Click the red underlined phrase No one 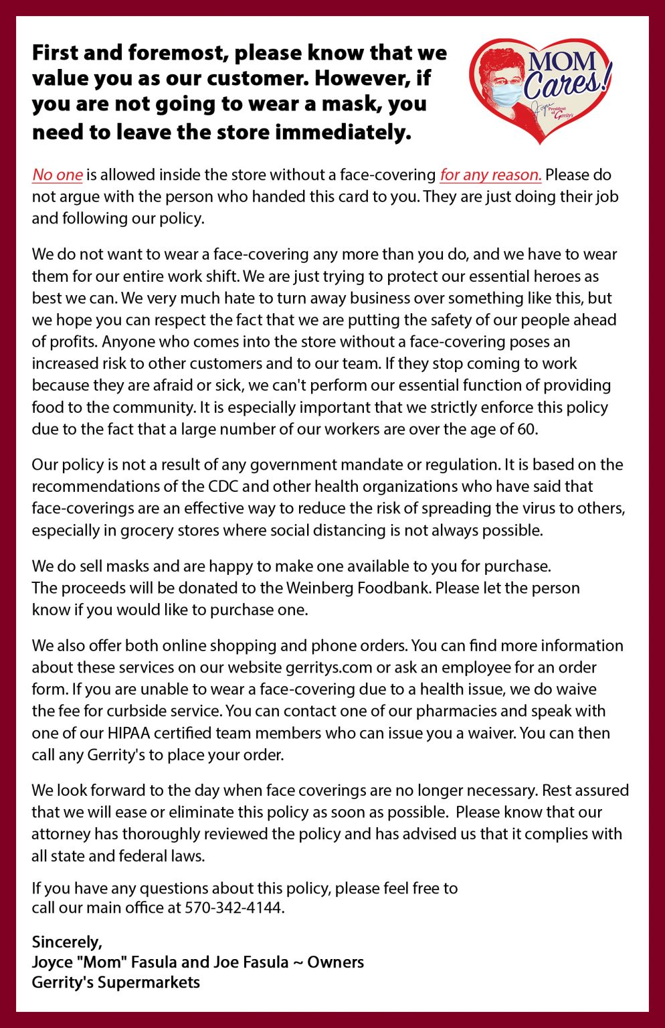point(57,175)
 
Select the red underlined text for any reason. point(490,175)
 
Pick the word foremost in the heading point(176,52)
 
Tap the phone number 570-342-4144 point(234,908)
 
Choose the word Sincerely point(67,942)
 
